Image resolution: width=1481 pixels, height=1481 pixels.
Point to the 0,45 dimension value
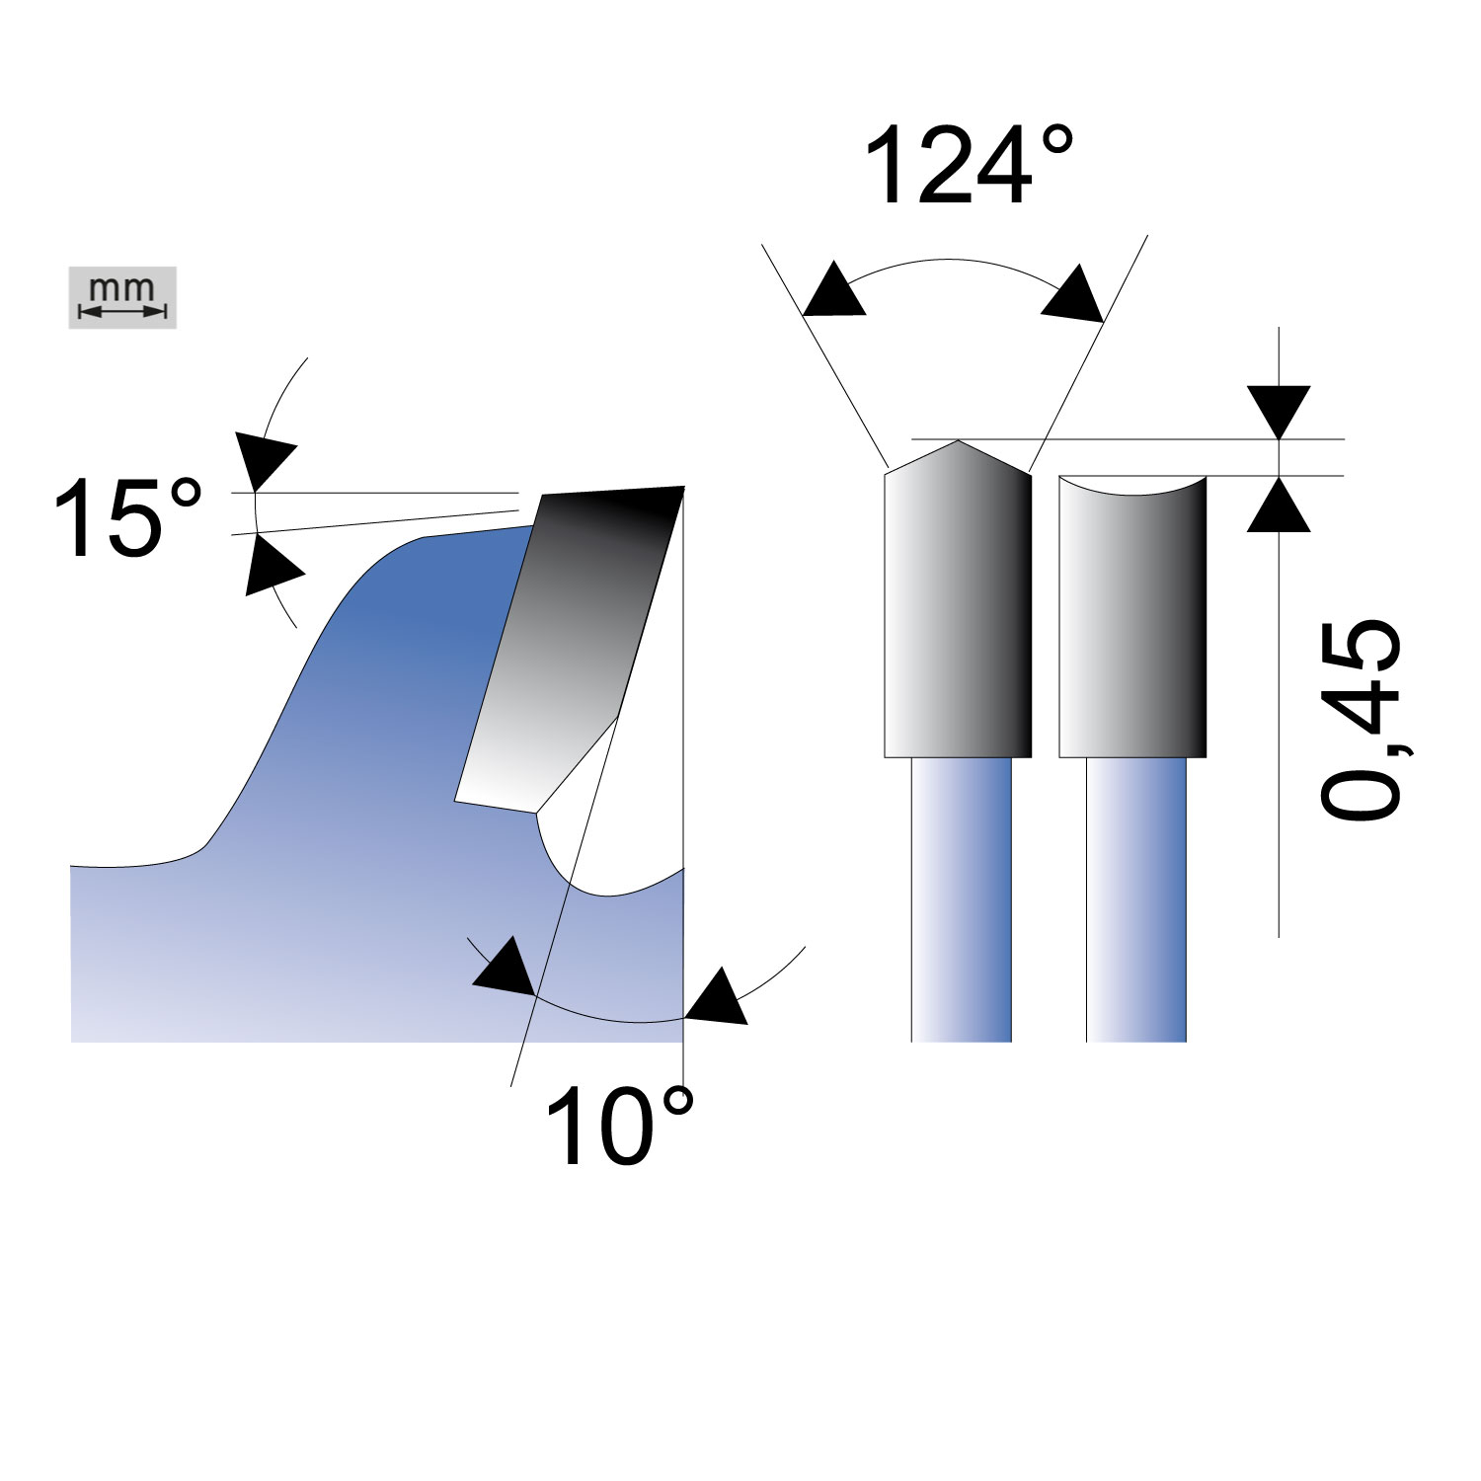pyautogui.click(x=1362, y=718)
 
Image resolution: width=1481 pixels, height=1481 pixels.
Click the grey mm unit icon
pyautogui.click(x=122, y=297)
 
